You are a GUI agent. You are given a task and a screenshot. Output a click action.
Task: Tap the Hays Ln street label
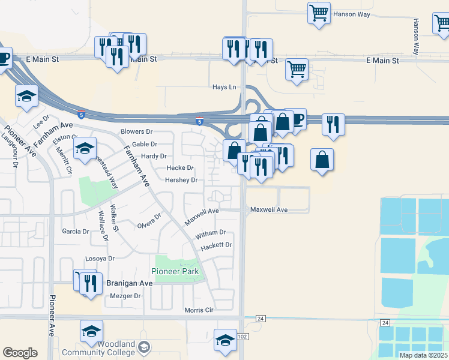(224, 87)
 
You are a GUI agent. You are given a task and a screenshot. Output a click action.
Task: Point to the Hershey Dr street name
(181, 180)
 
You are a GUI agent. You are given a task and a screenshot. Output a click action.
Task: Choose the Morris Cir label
(199, 310)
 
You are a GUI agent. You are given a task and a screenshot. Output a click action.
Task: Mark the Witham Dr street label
(210, 232)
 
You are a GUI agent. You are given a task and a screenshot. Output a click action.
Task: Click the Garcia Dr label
(76, 231)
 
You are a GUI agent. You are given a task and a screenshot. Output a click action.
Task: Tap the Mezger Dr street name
(125, 296)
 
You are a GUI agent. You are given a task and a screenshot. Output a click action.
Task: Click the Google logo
(20, 353)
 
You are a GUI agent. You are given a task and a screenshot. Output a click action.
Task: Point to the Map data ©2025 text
(423, 355)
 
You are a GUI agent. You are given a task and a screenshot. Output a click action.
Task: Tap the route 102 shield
(242, 337)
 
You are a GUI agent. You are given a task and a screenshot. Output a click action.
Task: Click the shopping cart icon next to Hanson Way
(319, 12)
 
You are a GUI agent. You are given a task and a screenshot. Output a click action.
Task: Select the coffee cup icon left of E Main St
(4, 58)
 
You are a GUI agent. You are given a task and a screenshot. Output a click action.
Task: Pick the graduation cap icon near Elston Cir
(85, 148)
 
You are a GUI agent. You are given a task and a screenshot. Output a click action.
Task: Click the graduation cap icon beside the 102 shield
(225, 339)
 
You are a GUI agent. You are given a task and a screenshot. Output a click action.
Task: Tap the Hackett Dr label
(217, 245)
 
